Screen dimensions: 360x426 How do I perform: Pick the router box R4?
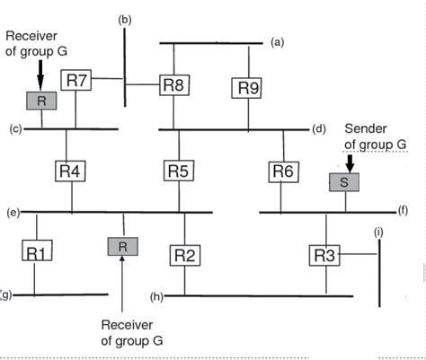pos(69,169)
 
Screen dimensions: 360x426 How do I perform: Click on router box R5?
pos(178,169)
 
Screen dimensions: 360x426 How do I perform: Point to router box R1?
pos(35,252)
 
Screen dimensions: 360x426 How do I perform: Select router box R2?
pos(184,254)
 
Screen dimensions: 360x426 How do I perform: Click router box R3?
pos(325,254)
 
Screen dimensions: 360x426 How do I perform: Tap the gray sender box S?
pos(345,182)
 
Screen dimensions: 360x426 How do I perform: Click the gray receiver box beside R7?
pos(40,101)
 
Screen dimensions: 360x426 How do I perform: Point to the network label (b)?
pos(125,18)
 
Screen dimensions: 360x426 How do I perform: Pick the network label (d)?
pos(318,129)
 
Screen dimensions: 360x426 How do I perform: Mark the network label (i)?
pos(378,233)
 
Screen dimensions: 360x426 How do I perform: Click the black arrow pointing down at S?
pos(351,163)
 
